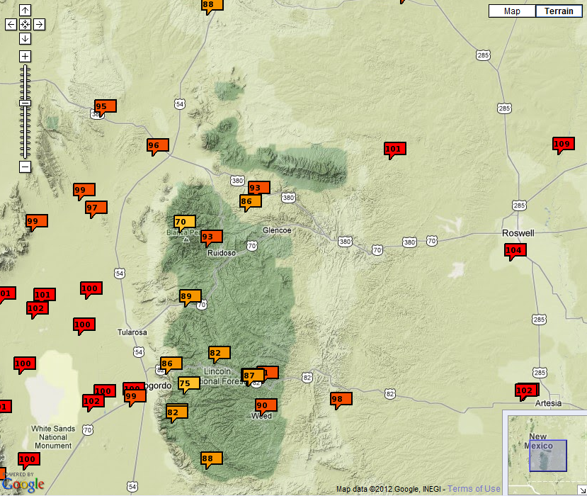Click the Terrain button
tap(559, 11)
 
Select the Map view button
tap(512, 11)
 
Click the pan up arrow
tap(25, 11)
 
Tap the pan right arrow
tap(39, 24)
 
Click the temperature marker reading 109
tap(562, 145)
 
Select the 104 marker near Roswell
tap(514, 250)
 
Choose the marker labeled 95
tap(104, 107)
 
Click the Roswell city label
tap(517, 233)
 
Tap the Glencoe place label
tap(277, 230)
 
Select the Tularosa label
tap(132, 332)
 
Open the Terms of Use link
tap(474, 489)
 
